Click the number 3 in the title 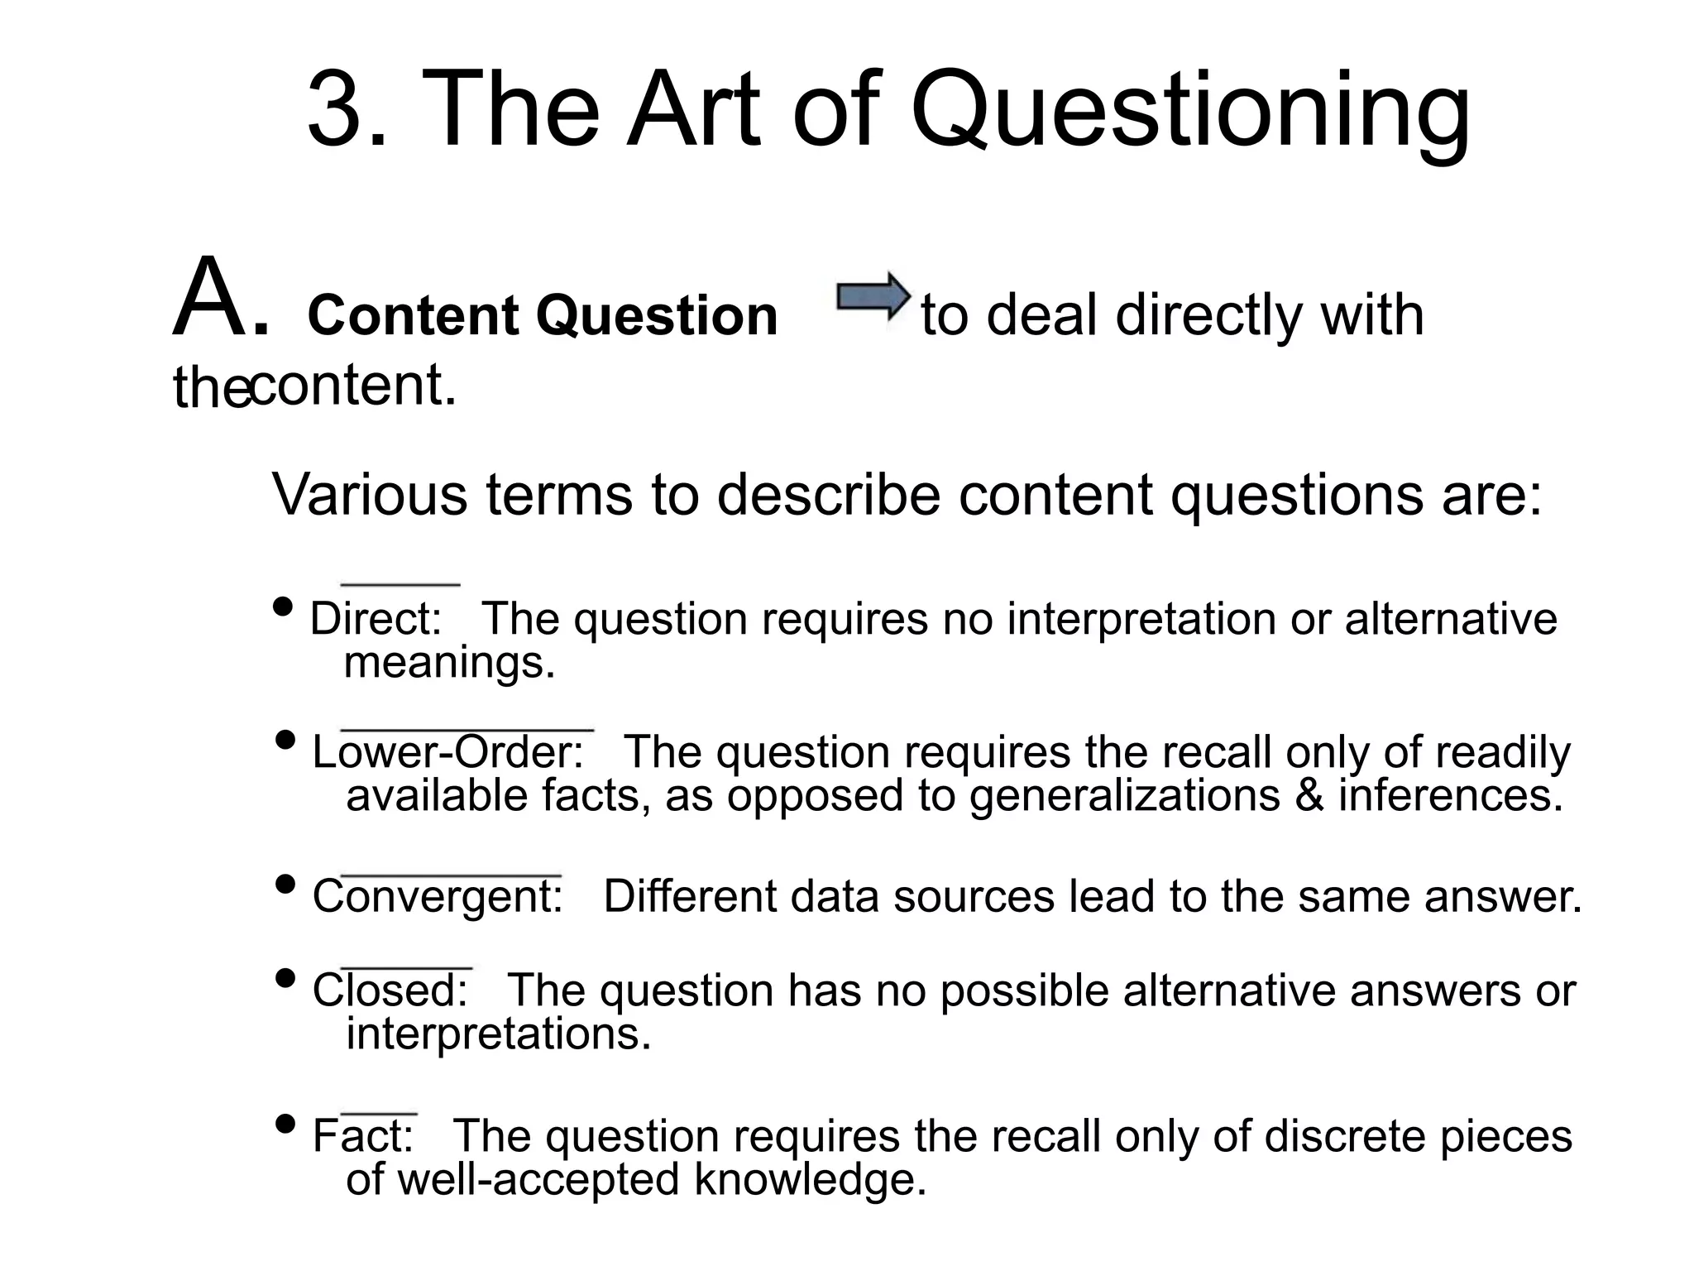coord(336,110)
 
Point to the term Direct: coord(376,619)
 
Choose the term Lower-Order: coord(447,752)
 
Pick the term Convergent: coord(438,897)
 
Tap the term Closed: coord(390,990)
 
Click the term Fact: coord(362,1135)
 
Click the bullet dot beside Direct coord(283,607)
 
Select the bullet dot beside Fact coord(285,1125)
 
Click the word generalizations coord(1124,797)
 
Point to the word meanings coord(449,662)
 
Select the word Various coord(371,495)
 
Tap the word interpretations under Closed coord(498,1034)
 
